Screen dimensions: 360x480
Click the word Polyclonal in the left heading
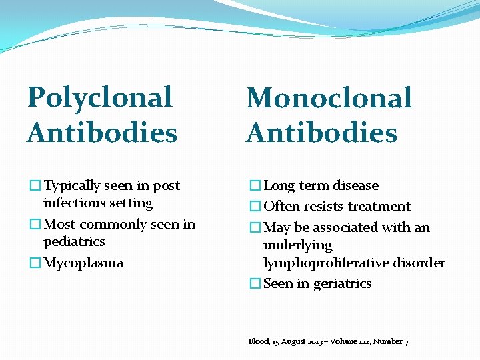[x=99, y=97]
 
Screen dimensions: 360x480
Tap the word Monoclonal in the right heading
[x=329, y=99]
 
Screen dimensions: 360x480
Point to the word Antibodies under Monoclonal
[x=322, y=132]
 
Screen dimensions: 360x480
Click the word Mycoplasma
[x=83, y=263]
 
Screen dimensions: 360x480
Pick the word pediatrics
[x=74, y=241]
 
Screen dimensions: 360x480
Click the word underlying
[x=297, y=245]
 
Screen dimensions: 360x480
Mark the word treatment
[x=380, y=207]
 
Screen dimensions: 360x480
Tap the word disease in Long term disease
[x=355, y=186]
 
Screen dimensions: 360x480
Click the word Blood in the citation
[x=259, y=341]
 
